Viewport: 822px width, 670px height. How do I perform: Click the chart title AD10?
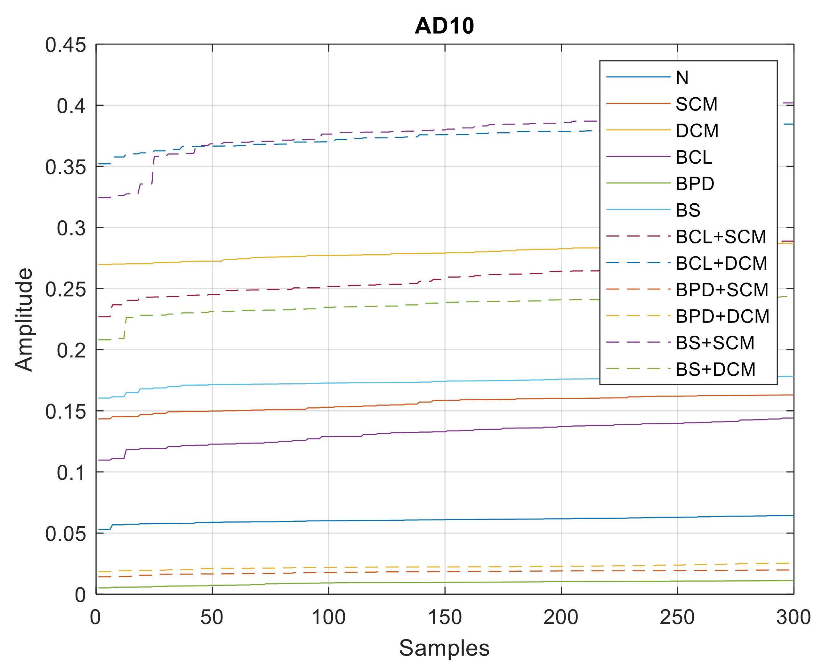[444, 26]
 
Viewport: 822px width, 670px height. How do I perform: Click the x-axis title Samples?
[444, 648]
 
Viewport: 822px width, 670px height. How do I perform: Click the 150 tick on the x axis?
[445, 617]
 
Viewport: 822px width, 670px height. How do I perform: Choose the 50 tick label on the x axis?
[212, 617]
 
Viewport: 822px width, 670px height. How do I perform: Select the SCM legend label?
[696, 104]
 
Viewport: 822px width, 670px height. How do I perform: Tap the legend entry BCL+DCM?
[721, 263]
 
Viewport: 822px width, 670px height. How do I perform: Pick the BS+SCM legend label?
[715, 343]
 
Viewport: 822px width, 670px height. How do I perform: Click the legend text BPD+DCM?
[722, 316]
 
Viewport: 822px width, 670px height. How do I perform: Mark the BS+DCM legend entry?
[715, 369]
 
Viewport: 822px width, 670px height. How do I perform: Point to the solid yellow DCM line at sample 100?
[329, 255]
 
